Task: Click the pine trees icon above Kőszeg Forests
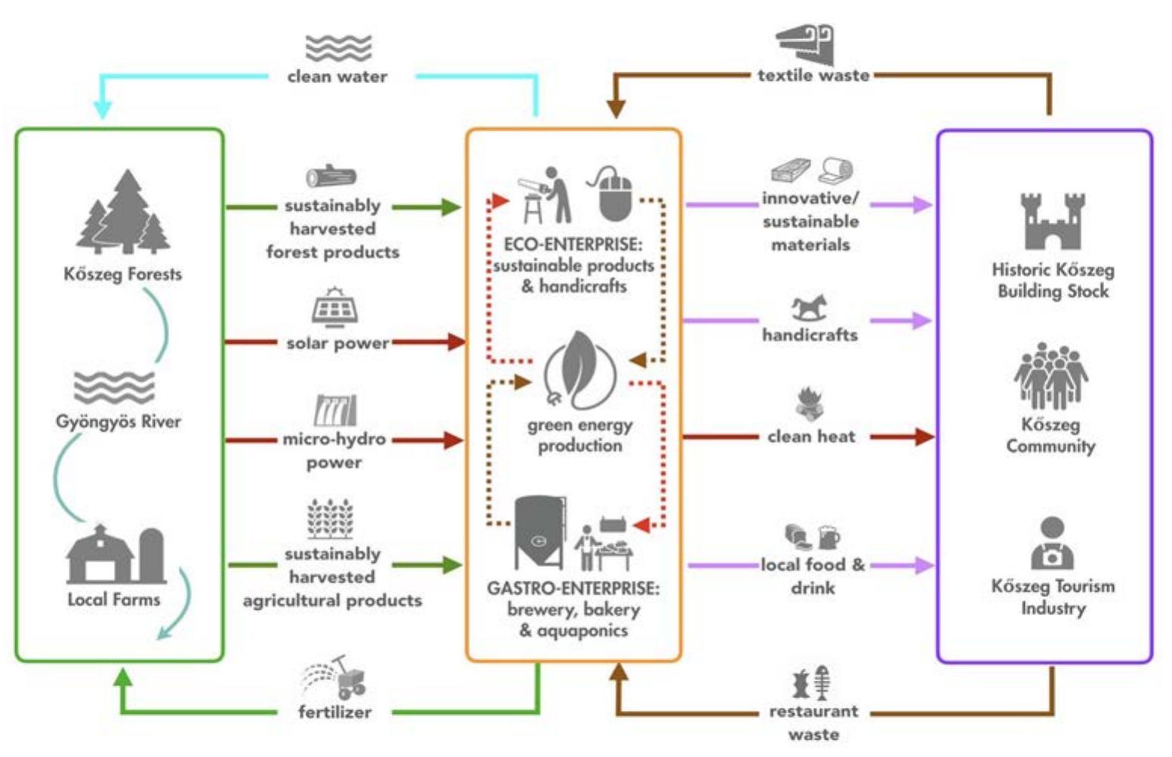124,212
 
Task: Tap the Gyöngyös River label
118,421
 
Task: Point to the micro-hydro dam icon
335,411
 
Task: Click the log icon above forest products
331,177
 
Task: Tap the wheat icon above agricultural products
331,519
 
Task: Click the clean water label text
337,76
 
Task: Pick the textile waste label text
814,75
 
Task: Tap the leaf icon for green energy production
580,370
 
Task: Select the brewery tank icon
539,531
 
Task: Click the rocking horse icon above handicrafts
809,308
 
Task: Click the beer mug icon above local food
828,537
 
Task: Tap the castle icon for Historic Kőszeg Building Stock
1052,220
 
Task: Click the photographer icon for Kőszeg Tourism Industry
1052,543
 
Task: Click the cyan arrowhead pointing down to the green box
103,109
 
